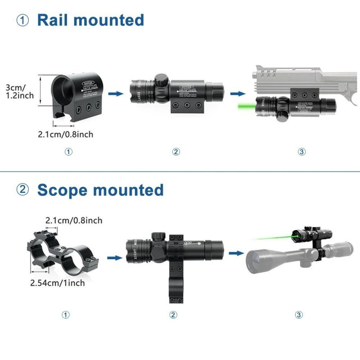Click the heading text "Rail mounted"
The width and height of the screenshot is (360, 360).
tap(90, 20)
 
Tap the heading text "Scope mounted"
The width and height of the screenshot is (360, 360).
tap(100, 190)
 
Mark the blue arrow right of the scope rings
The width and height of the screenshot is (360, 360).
tap(116, 258)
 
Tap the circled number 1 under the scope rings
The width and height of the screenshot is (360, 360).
tap(66, 315)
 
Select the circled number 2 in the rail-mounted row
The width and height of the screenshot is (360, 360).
tap(176, 152)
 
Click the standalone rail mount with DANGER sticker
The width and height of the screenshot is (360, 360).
tap(77, 97)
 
